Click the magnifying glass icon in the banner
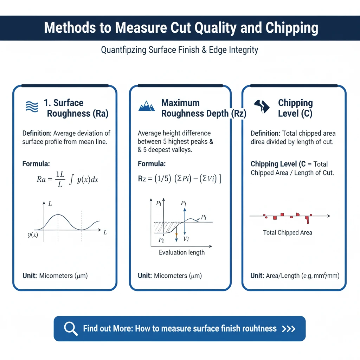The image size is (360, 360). click(71, 328)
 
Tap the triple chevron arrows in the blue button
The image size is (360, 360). click(289, 329)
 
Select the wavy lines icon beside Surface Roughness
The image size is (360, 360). click(32, 106)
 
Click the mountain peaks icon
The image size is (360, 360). click(147, 106)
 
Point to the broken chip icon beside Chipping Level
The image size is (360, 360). click(262, 106)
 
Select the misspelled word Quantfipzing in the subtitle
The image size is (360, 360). click(123, 50)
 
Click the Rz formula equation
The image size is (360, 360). click(179, 179)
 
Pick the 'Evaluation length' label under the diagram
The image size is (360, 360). click(182, 252)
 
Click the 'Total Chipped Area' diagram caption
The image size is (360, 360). click(288, 232)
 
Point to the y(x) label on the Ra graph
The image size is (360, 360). click(33, 235)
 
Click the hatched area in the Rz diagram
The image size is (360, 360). click(164, 227)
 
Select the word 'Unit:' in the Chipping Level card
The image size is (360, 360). click(257, 276)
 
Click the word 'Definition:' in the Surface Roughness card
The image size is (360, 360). click(37, 134)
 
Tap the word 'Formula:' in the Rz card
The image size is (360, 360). click(152, 164)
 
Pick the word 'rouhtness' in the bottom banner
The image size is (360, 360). click(259, 329)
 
